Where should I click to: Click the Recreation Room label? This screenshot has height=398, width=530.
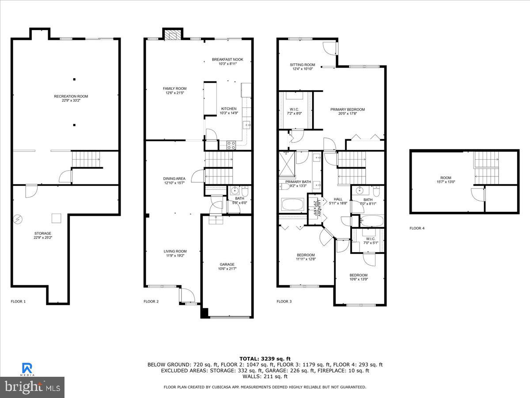[71, 96]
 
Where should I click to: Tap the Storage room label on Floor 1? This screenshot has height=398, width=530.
[43, 233]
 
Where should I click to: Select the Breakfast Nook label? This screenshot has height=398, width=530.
[227, 60]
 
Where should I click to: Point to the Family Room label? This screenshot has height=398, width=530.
[174, 89]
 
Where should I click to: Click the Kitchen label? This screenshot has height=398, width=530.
[229, 109]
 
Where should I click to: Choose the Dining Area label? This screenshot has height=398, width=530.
[174, 179]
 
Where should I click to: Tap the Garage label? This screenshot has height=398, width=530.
[227, 264]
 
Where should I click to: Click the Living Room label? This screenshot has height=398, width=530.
[175, 252]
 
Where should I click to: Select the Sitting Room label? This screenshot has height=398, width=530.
[303, 65]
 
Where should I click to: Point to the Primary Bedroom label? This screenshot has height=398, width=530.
[348, 110]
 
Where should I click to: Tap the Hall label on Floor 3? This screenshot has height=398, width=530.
[338, 199]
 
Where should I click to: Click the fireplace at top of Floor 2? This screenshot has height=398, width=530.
[173, 34]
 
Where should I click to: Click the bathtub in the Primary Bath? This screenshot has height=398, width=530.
[293, 205]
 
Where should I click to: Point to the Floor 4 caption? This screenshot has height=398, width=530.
[417, 229]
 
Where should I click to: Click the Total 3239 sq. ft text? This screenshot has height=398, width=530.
[265, 358]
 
